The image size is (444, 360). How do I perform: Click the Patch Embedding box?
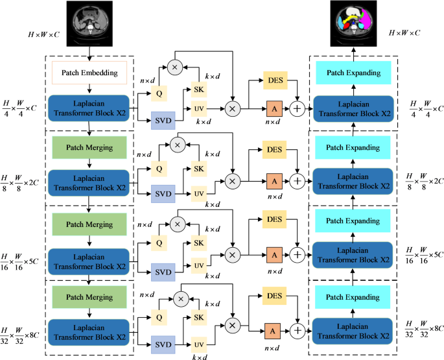88,72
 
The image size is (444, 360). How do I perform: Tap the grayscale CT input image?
88,21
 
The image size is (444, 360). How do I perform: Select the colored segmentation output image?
353,21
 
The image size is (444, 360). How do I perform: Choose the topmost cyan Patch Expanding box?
353,73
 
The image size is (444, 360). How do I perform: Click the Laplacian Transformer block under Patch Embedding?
88,108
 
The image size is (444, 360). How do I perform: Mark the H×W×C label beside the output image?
408,32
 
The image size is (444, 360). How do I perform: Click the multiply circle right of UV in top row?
232,108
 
